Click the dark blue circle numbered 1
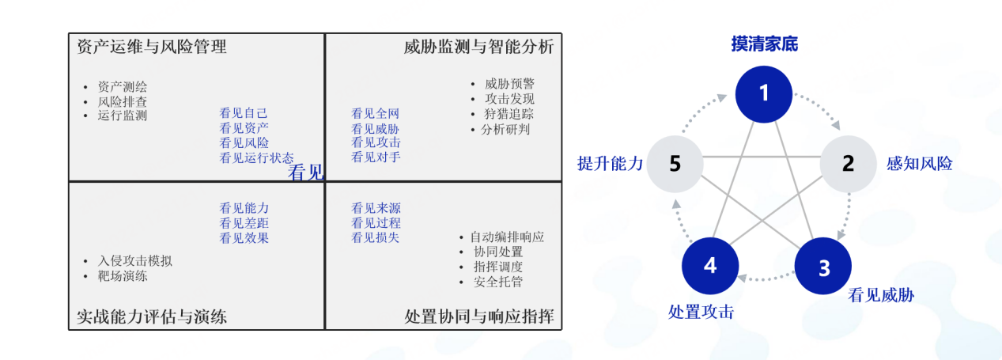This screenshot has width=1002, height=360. pyautogui.click(x=764, y=93)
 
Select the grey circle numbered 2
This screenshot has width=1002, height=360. pyautogui.click(x=848, y=164)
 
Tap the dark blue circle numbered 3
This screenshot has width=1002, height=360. pyautogui.click(x=823, y=267)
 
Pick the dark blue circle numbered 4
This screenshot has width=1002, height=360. pyautogui.click(x=710, y=265)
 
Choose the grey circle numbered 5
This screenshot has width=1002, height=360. pyautogui.click(x=675, y=164)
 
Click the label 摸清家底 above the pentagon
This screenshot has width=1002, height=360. pyautogui.click(x=764, y=44)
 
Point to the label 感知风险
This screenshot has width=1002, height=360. pyautogui.click(x=919, y=165)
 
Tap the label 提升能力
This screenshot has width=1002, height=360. pyautogui.click(x=610, y=164)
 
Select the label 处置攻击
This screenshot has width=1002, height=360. pyautogui.click(x=701, y=312)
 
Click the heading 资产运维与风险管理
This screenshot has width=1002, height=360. pyautogui.click(x=152, y=47)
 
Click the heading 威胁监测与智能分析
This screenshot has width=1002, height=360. pyautogui.click(x=478, y=47)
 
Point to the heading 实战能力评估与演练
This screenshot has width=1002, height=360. pyautogui.click(x=152, y=317)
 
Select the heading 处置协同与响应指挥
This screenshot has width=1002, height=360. pyautogui.click(x=479, y=317)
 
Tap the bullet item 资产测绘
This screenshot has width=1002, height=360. pyautogui.click(x=123, y=87)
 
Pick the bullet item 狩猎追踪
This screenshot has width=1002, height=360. pyautogui.click(x=509, y=114)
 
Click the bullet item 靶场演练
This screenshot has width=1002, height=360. pyautogui.click(x=123, y=276)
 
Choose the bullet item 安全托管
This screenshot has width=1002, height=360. pyautogui.click(x=497, y=282)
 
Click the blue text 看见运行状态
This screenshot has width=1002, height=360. pyautogui.click(x=256, y=158)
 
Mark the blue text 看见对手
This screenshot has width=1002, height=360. pyautogui.click(x=376, y=157)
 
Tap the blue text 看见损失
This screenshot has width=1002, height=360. pyautogui.click(x=376, y=237)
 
